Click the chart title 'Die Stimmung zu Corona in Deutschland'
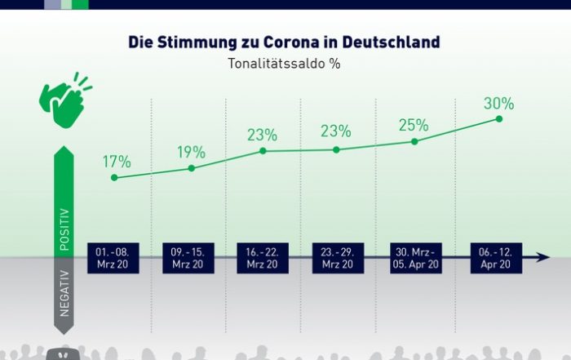click(285, 42)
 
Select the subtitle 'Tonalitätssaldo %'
click(285, 63)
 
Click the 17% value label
click(117, 161)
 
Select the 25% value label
click(414, 125)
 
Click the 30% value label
click(498, 104)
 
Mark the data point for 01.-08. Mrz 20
click(114, 177)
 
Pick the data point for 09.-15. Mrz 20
click(192, 168)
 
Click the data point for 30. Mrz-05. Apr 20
click(414, 141)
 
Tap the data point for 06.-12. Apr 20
click(498, 119)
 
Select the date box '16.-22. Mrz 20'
click(262, 258)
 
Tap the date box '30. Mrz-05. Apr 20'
click(415, 258)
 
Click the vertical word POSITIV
click(64, 228)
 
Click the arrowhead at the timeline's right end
click(544, 257)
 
